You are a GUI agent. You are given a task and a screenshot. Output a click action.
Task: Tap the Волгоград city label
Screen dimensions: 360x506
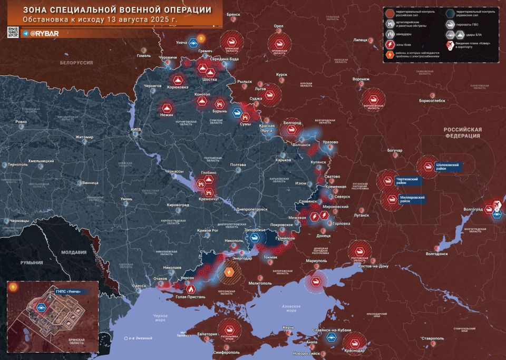pos(473,209)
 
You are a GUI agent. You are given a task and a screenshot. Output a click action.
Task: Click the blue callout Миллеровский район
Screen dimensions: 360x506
pos(413,199)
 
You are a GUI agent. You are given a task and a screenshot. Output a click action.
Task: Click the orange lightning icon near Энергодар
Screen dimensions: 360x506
pos(230,272)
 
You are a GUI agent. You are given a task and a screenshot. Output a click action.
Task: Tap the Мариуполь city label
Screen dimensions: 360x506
pos(317,260)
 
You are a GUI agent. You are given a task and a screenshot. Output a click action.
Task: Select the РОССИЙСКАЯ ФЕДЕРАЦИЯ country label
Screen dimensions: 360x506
pos(462,132)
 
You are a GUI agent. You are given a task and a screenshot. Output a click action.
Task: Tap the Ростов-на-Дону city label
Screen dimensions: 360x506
pos(373,266)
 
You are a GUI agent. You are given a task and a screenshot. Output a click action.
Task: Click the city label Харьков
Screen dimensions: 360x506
pos(284,160)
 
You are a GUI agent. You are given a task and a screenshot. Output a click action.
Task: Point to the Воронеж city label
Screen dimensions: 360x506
pos(361,80)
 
